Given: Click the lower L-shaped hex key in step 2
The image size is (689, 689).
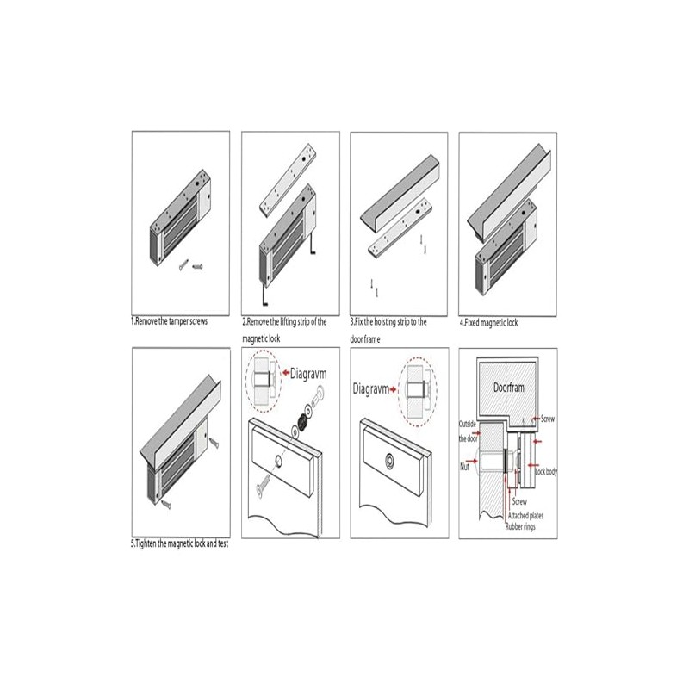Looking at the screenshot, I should [x=265, y=297].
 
